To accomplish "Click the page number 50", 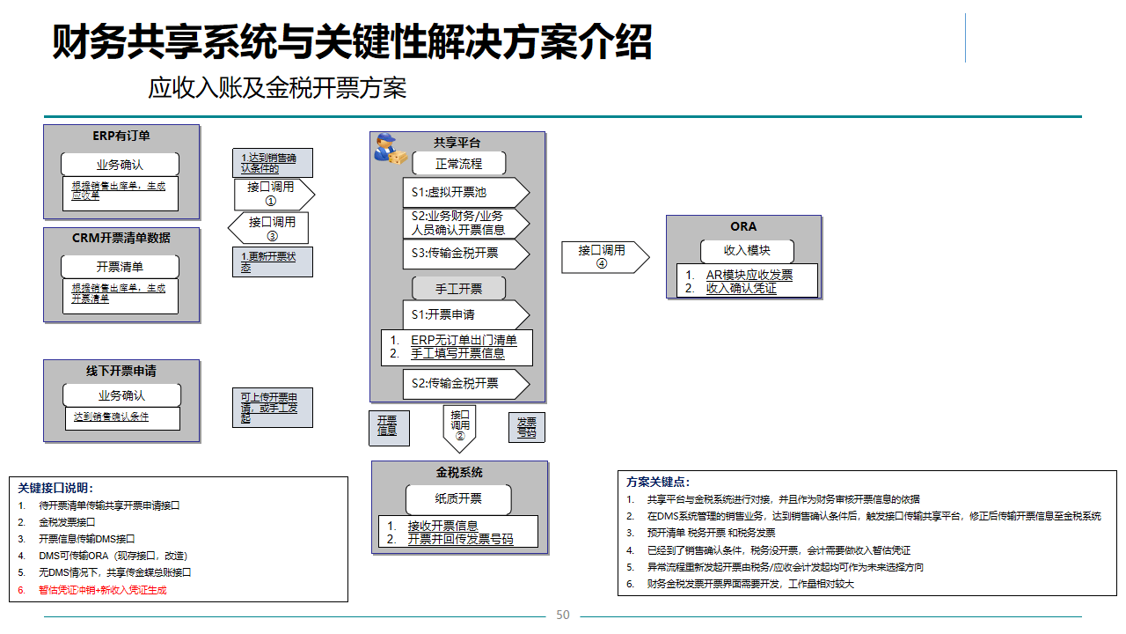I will pyautogui.click(x=563, y=615).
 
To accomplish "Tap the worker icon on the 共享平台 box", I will pyautogui.click(x=390, y=149).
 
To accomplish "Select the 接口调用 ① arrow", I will pyautogui.click(x=273, y=194).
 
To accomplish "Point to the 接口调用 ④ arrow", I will pyautogui.click(x=604, y=257).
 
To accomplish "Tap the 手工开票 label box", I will pyautogui.click(x=459, y=289).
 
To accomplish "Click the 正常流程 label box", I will pyautogui.click(x=459, y=164).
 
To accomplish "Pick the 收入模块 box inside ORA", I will pyautogui.click(x=747, y=250).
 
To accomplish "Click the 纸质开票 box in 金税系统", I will pyautogui.click(x=458, y=498).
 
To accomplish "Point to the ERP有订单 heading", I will pyautogui.click(x=121, y=136).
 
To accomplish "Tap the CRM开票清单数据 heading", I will pyautogui.click(x=121, y=238).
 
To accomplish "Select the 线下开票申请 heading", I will pyautogui.click(x=121, y=371).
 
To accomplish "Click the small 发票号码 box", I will pyautogui.click(x=527, y=427).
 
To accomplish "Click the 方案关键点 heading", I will pyautogui.click(x=658, y=482).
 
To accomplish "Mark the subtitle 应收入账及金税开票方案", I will pyautogui.click(x=277, y=88).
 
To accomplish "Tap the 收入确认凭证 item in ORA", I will pyautogui.click(x=741, y=288).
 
